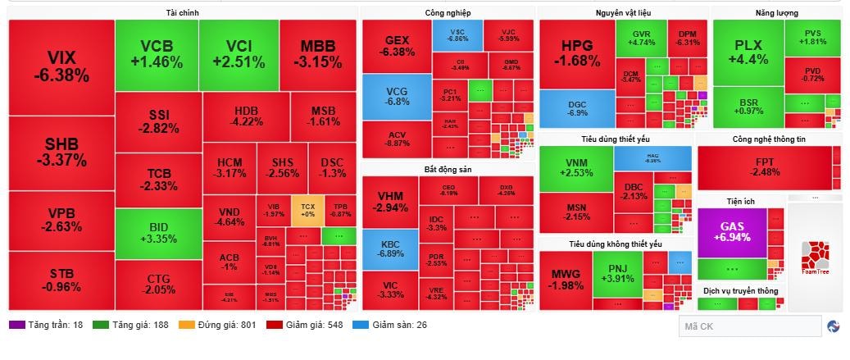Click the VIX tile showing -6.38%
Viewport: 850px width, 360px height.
coord(61,66)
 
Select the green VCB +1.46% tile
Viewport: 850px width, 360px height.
coord(156,54)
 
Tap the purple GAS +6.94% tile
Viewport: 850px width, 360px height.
coord(731,231)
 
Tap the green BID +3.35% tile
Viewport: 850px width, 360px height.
coord(158,233)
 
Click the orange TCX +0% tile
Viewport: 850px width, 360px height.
coord(307,210)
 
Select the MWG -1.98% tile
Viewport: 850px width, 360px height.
coord(567,280)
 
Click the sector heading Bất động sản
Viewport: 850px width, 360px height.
coord(447,169)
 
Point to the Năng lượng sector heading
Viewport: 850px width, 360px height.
coord(776,13)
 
